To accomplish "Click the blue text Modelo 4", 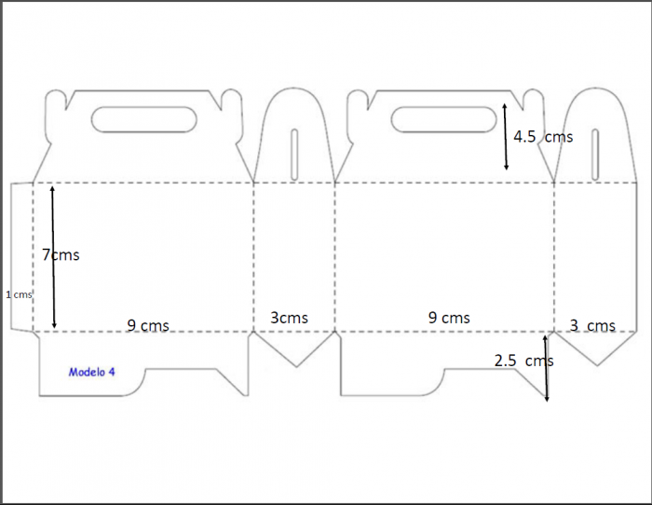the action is coord(91,372).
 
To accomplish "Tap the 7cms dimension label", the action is coord(61,254).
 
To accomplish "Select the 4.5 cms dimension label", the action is coord(543,136).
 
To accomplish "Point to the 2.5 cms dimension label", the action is coord(523,361).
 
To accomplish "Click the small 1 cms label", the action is coord(19,294).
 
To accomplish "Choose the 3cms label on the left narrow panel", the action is coord(289,318).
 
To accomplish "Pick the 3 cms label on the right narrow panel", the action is coord(592,325).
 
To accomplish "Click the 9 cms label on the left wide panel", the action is coord(148,325).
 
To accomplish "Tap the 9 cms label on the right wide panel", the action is coord(449,318).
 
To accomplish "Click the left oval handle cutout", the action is coord(143,120).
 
